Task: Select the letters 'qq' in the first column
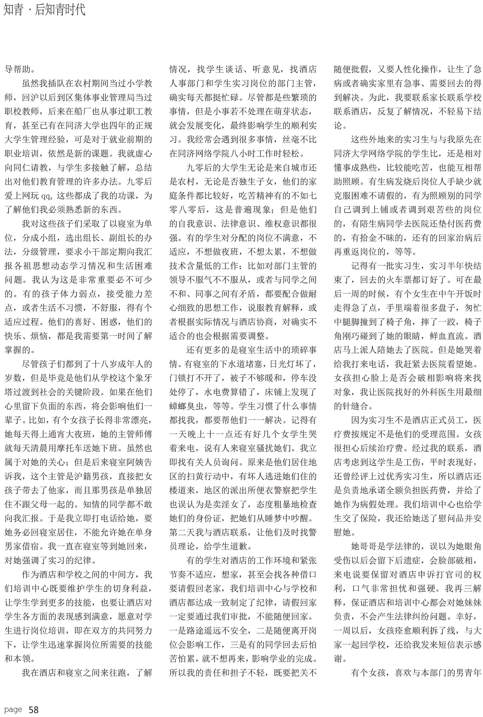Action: coord(45,196)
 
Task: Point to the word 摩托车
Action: coord(74,448)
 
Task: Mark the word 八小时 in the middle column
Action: coord(248,154)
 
